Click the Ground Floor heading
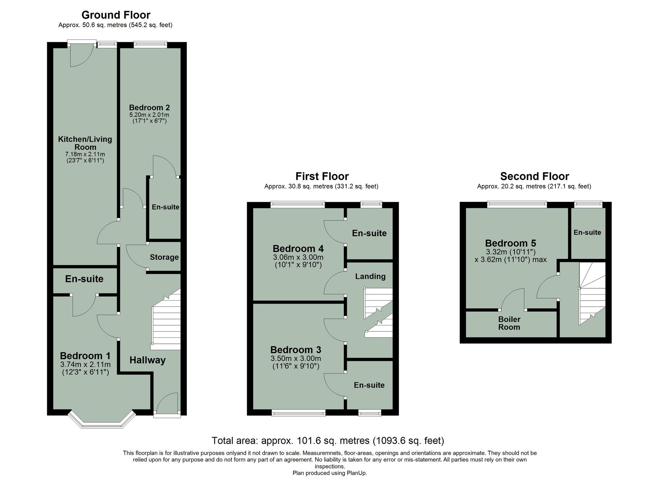tap(116, 15)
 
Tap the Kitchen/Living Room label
tap(85, 143)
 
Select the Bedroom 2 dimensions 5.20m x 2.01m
tap(149, 115)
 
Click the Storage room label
tap(164, 257)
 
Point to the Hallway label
tap(147, 360)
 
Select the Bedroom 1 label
tap(85, 356)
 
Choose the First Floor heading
tap(322, 176)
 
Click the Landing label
tap(370, 276)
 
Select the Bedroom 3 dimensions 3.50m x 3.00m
tap(296, 359)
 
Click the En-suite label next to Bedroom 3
tap(369, 385)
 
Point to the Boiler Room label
tap(509, 323)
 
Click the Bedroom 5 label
tap(511, 243)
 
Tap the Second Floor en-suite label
tap(587, 232)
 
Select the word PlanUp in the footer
tap(356, 473)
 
